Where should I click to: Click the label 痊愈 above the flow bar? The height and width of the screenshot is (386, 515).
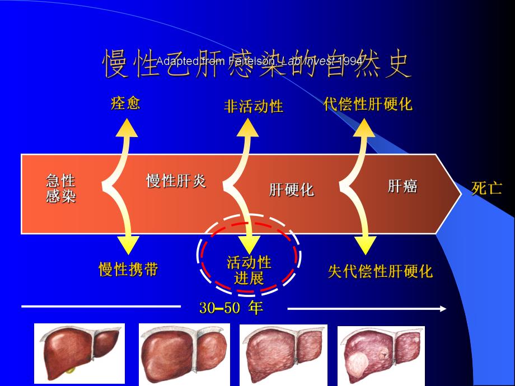125,103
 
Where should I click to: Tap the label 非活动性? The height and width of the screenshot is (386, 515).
253,106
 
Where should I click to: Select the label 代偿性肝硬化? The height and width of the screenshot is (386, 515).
368,104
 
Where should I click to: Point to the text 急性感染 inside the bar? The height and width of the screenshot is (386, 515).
60,189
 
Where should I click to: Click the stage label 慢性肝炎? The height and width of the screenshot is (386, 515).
176,181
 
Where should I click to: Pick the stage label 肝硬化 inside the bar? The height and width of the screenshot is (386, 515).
291,190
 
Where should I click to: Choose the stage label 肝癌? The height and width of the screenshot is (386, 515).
402,186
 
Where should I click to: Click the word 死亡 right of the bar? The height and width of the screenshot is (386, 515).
486,189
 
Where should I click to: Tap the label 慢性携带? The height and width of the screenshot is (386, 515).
128,270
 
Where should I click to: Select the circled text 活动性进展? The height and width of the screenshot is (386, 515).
249,270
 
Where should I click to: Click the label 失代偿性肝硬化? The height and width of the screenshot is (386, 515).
380,272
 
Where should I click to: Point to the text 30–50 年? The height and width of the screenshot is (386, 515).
231,308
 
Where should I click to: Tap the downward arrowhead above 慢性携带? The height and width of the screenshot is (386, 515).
128,244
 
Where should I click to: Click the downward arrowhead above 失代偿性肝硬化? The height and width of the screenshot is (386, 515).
366,245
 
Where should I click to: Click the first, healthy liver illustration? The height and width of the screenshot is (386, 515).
79,353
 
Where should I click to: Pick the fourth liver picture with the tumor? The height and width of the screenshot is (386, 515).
381,355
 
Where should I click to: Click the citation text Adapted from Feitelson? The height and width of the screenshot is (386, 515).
259,61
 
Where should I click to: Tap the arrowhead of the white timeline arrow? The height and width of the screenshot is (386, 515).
443,309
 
